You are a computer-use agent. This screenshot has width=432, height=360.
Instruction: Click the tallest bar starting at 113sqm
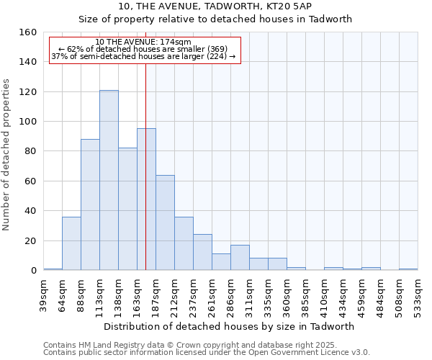pyautogui.click(x=109, y=180)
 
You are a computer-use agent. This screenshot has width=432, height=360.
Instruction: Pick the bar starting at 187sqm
pyautogui.click(x=165, y=222)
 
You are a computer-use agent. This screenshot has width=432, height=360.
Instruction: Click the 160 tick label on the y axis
pyautogui.click(x=27, y=32)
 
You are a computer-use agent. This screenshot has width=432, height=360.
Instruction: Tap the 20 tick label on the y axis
pyautogui.click(x=30, y=240)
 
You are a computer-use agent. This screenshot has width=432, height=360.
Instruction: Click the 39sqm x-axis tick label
pyautogui.click(x=44, y=293)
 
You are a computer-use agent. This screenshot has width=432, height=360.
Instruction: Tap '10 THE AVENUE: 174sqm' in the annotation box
pyautogui.click(x=143, y=42)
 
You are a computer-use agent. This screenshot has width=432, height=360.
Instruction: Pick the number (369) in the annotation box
pyautogui.click(x=214, y=49)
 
